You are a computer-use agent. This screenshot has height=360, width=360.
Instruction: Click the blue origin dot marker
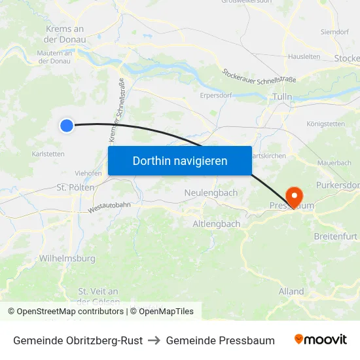(x=67, y=125)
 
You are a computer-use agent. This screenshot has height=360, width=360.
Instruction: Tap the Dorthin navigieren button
(x=180, y=160)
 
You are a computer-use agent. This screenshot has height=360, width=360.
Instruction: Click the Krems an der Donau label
(x=65, y=34)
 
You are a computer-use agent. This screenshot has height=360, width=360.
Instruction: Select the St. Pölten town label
(x=76, y=187)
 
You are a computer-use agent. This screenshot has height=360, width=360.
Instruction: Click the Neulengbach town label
(x=211, y=193)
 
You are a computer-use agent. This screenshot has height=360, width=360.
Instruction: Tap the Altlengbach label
(x=216, y=224)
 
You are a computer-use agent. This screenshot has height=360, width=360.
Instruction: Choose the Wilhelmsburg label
(x=67, y=259)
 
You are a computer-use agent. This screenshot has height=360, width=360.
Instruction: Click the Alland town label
(x=291, y=291)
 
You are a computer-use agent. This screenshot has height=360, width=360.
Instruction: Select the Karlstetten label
(x=48, y=154)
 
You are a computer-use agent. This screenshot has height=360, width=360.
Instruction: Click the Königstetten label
(x=325, y=123)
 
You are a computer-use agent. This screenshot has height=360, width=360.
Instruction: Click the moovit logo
(x=321, y=340)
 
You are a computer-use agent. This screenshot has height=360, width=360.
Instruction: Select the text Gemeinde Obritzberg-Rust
(x=78, y=340)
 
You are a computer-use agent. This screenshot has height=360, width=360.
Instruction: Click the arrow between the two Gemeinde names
(x=154, y=340)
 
